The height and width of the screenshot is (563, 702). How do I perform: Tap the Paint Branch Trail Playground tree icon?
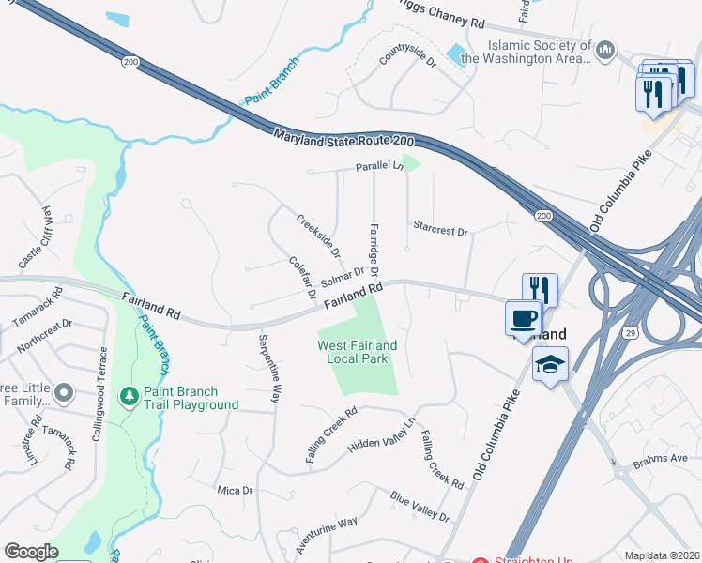coord(130,398)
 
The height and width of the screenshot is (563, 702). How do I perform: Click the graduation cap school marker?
coord(550,363)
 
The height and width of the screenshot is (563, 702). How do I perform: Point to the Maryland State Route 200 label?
coord(343,138)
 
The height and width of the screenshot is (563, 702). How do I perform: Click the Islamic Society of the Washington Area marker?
coord(605,49)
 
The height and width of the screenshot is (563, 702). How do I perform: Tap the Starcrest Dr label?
coord(439,228)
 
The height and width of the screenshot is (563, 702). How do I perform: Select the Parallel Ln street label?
coord(378,166)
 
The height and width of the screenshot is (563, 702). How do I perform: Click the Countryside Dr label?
coord(408,58)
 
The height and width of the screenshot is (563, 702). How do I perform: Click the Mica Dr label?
coord(235,490)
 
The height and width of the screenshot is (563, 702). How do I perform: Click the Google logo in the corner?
coord(31,552)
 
